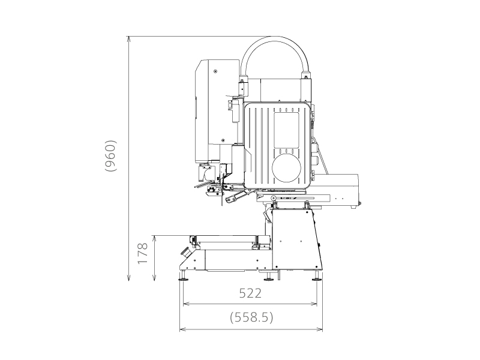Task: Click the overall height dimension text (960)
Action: pyautogui.click(x=110, y=156)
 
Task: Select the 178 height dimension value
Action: pyautogui.click(x=142, y=254)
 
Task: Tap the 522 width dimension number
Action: pyautogui.click(x=250, y=293)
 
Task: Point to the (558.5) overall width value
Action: pyautogui.click(x=251, y=318)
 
